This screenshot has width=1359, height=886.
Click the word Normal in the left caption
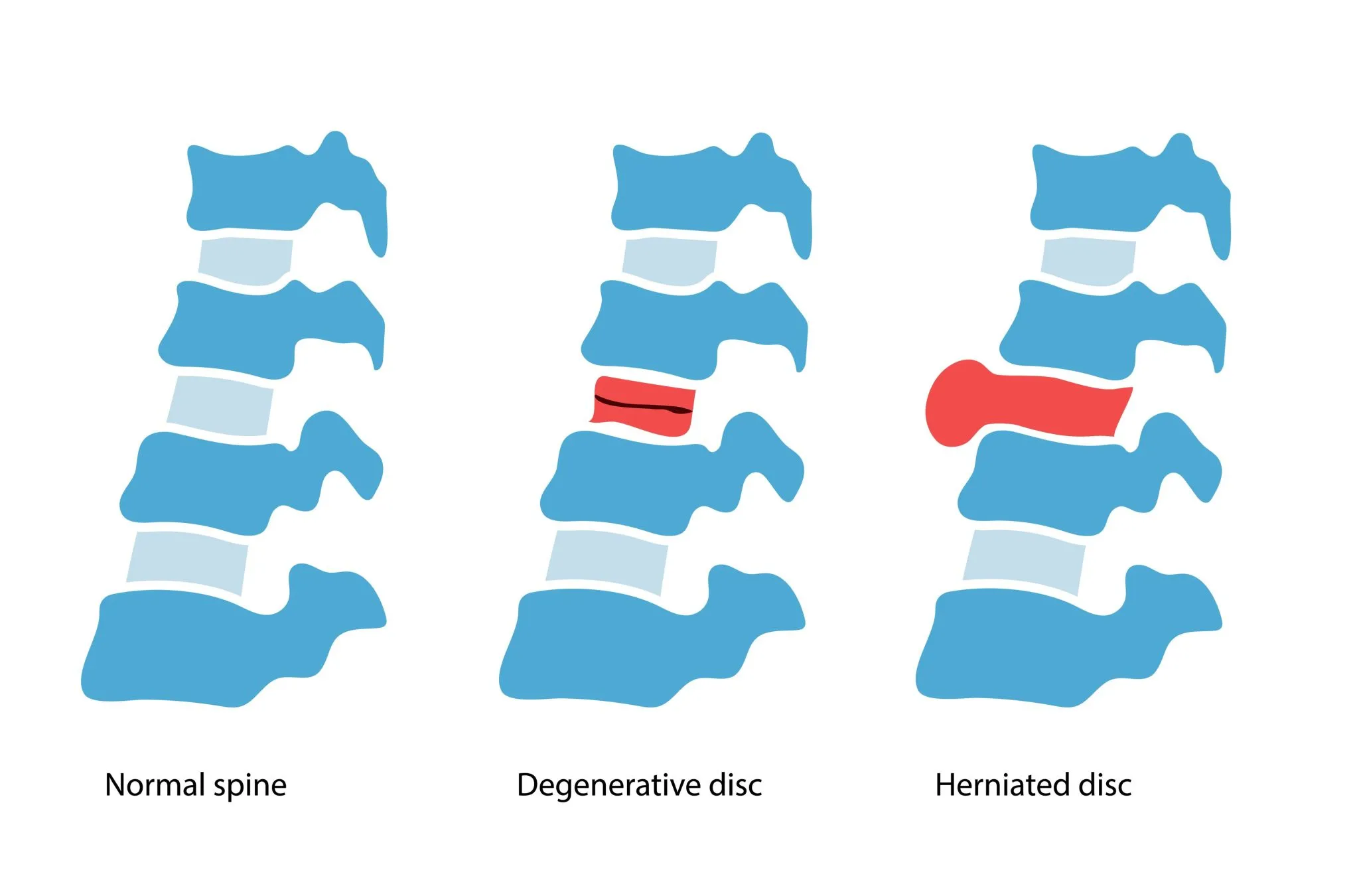point(154,785)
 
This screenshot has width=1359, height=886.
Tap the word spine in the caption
point(250,786)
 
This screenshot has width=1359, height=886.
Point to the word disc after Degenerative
point(735,785)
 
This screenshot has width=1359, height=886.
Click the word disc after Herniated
point(1105,785)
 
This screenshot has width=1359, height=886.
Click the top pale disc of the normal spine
point(245,261)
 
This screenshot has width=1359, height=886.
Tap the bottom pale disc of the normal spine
point(187,561)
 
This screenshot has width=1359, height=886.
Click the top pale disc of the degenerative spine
point(669,261)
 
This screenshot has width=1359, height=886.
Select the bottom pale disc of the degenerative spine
point(607,561)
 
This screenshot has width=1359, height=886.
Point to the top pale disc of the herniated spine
point(1088,261)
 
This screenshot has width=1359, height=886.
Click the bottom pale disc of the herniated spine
point(1024,561)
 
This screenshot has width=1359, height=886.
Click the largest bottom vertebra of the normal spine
point(212,647)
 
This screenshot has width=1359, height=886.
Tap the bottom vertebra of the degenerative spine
point(630,647)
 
